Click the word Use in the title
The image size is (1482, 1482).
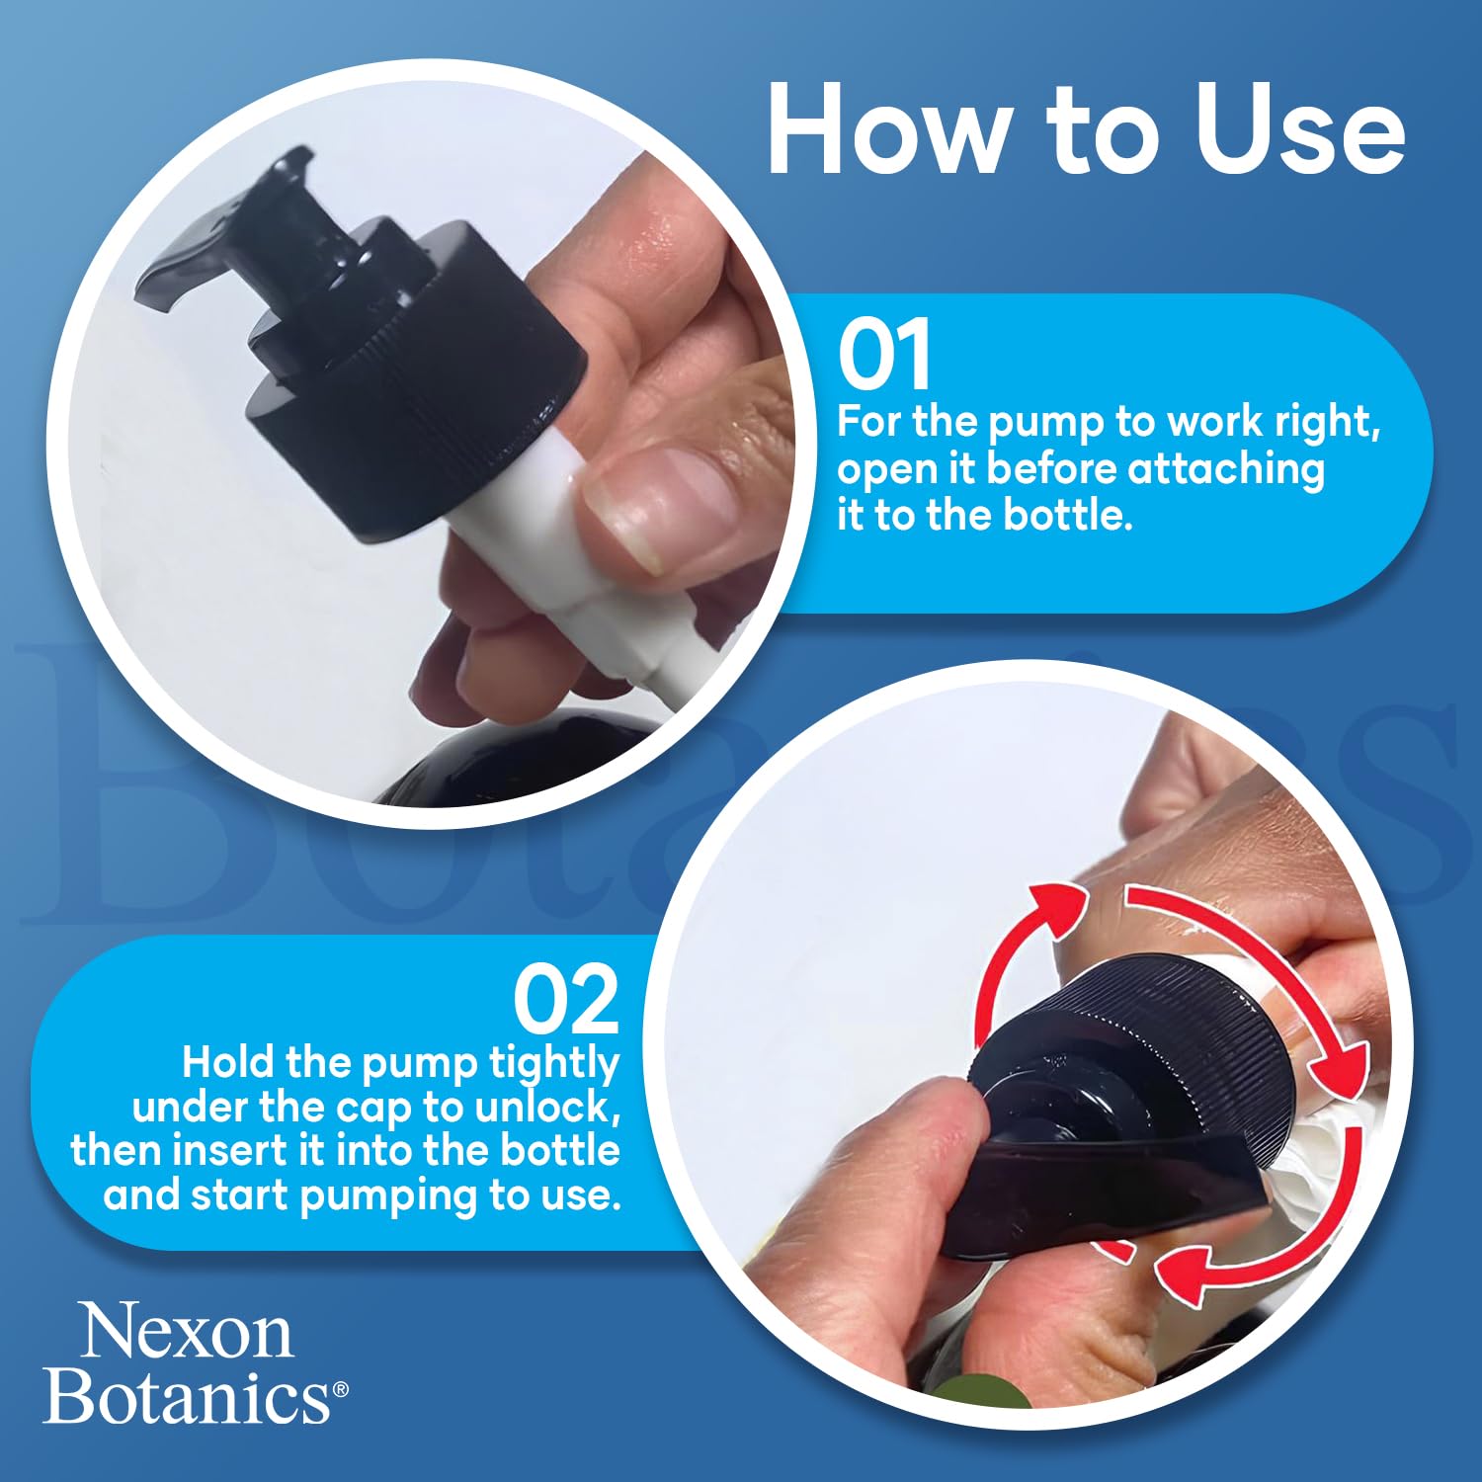tap(1300, 129)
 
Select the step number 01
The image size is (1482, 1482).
tap(884, 354)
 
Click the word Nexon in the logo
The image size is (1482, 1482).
tap(187, 1330)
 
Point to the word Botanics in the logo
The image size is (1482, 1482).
tap(188, 1396)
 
